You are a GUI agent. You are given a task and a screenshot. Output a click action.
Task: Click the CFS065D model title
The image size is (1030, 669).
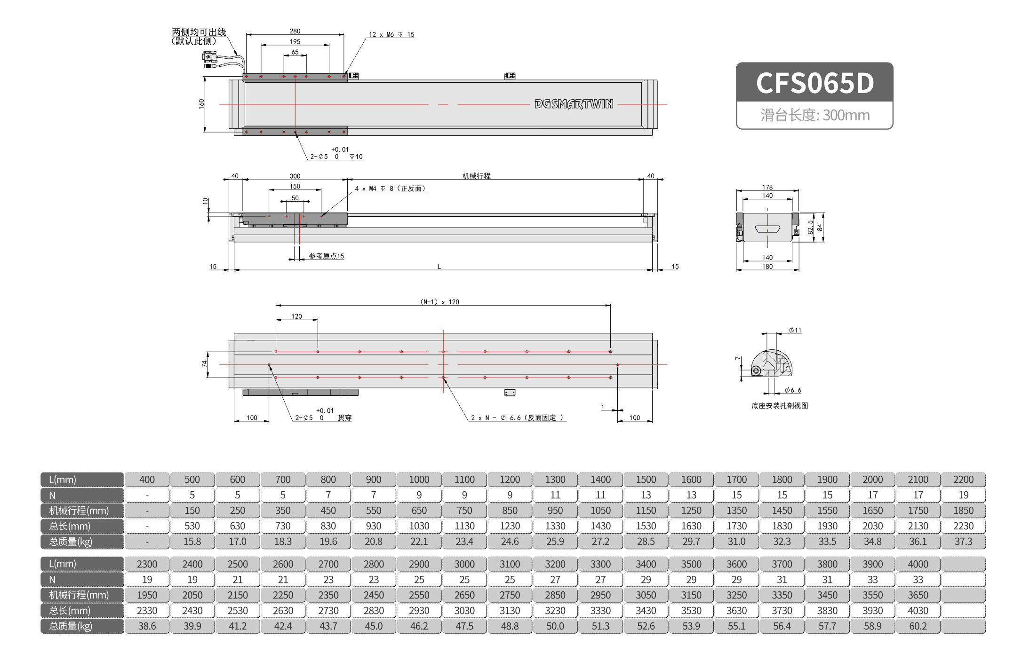814,83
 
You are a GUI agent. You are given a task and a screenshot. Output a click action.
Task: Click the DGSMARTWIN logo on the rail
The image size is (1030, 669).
574,104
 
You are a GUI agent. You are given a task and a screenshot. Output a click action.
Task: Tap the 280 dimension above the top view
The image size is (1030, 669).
295,31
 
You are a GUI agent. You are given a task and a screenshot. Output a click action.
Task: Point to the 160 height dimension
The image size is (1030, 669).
201,104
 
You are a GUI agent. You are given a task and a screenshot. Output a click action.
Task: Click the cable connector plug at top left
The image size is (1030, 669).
209,58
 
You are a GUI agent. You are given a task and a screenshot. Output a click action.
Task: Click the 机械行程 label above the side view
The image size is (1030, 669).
476,176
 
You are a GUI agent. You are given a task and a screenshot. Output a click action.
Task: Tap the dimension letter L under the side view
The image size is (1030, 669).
439,267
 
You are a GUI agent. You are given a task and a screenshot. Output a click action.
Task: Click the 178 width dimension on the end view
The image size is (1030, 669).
767,187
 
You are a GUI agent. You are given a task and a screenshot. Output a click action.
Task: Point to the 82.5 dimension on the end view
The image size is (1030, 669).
810,227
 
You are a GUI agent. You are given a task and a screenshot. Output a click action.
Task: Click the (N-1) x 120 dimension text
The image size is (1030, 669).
439,302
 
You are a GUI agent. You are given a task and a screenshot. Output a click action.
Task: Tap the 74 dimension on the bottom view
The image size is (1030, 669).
204,364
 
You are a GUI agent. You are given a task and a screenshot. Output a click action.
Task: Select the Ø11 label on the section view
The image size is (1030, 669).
795,331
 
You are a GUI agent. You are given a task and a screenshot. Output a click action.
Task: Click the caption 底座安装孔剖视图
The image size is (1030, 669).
779,406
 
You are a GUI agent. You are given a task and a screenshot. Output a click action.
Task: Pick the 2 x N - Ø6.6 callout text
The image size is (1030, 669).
517,417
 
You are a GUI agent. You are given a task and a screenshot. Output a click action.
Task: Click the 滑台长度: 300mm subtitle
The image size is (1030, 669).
814,115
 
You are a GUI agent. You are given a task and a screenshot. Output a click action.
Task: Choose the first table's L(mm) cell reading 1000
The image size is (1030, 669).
419,480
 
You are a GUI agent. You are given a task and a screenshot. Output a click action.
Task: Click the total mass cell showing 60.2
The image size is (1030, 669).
918,626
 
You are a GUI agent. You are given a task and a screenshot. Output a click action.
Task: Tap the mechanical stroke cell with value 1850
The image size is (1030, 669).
963,511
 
